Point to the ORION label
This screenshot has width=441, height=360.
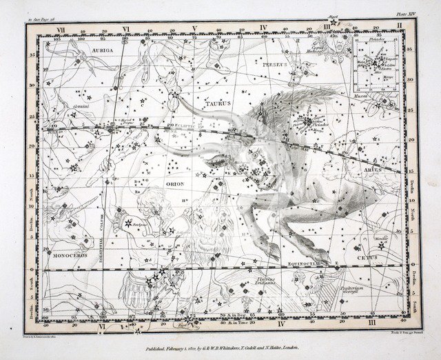[176, 184]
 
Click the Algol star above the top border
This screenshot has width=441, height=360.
[334, 23]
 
